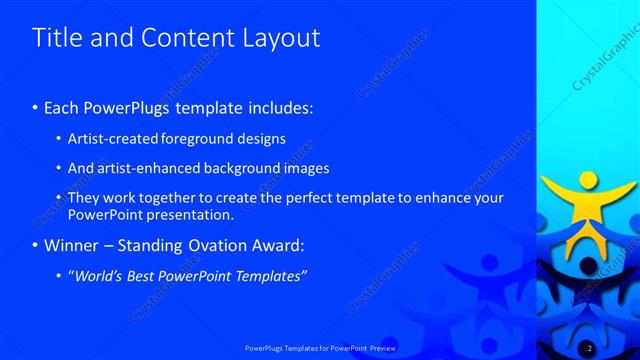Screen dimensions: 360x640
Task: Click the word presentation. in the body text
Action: pos(189,214)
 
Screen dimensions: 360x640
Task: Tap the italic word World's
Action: pos(98,276)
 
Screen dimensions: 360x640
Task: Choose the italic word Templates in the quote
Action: pos(269,276)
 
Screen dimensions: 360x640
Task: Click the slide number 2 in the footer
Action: pos(590,347)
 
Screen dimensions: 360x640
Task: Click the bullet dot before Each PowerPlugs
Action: pos(36,107)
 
